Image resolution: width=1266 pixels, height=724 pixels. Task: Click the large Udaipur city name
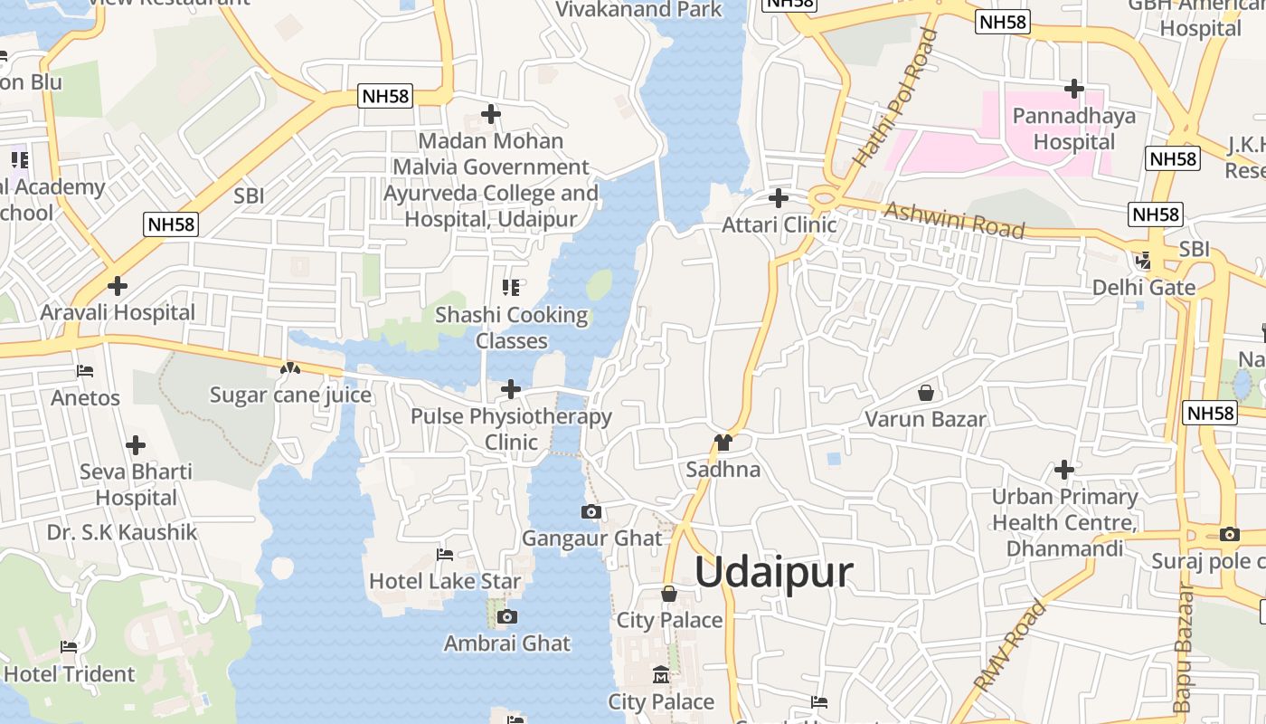click(774, 573)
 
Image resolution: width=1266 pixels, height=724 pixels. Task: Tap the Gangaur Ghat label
click(592, 538)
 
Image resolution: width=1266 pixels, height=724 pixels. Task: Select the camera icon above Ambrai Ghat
click(507, 617)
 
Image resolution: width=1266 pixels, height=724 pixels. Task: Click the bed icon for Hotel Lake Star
click(444, 554)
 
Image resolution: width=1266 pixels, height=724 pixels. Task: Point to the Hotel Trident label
click(70, 674)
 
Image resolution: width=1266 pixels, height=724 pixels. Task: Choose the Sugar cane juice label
click(290, 395)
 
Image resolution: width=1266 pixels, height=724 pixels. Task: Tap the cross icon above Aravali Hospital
click(117, 286)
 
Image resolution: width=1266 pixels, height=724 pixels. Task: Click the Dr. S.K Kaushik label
click(122, 532)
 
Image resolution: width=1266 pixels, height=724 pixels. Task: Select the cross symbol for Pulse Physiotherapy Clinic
click(511, 389)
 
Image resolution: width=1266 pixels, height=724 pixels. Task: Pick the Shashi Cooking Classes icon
click(511, 288)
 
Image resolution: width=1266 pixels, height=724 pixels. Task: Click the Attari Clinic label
click(779, 224)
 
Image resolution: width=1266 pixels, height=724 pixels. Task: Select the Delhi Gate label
click(1144, 288)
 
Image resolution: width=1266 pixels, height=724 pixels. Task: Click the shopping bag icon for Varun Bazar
click(925, 393)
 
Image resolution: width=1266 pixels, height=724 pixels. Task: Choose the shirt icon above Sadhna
click(723, 443)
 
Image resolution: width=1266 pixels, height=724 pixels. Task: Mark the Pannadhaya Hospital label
click(1074, 129)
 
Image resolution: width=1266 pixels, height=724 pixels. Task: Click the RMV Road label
click(1011, 645)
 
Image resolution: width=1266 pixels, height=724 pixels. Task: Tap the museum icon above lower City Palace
click(661, 675)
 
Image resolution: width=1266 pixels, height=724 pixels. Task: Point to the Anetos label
click(85, 398)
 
